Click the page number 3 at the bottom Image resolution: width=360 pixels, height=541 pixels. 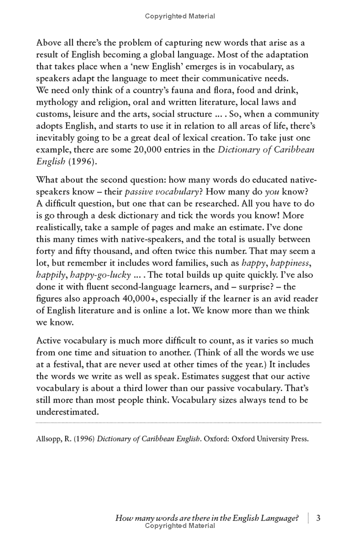click(318, 518)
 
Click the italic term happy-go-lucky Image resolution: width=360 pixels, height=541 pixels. click(94, 275)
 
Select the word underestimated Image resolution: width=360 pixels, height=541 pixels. click(67, 410)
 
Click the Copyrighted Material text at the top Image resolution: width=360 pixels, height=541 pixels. click(180, 16)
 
